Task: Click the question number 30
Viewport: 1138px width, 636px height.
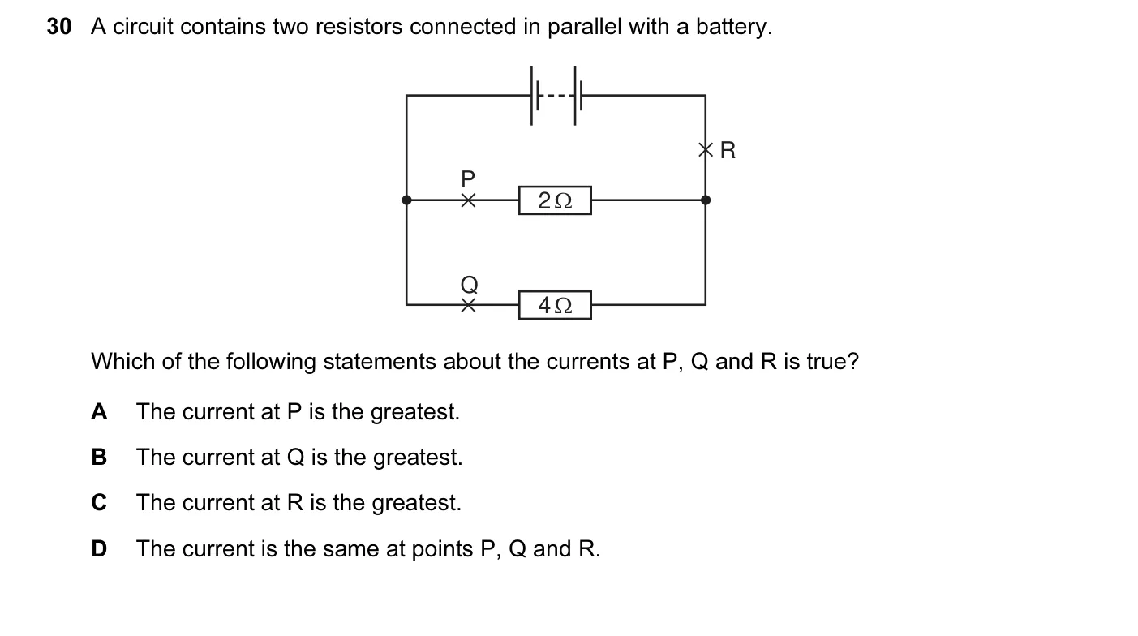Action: [59, 27]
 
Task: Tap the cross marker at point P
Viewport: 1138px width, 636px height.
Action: [468, 200]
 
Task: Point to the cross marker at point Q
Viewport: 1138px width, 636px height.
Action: [468, 305]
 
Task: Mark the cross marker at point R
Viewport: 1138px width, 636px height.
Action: [706, 150]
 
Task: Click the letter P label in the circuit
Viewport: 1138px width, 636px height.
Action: [468, 178]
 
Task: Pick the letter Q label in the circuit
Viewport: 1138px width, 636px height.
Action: [470, 285]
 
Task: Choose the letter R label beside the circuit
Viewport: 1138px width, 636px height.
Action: [728, 150]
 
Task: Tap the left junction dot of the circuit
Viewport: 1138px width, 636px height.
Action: [406, 200]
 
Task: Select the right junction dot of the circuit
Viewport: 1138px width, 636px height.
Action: [706, 200]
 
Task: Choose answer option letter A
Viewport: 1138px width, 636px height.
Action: [99, 412]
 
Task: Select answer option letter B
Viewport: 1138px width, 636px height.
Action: [99, 458]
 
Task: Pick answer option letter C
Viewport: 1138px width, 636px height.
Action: [99, 503]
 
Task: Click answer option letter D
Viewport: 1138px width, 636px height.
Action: [99, 548]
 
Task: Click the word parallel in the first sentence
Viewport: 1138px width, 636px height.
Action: [584, 27]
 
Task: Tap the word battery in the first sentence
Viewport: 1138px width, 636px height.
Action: [733, 27]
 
